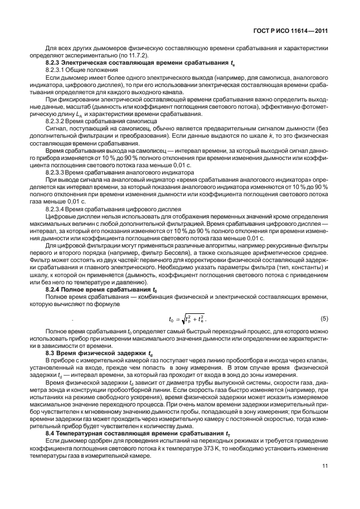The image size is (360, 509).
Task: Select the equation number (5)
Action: [x=324, y=318]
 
